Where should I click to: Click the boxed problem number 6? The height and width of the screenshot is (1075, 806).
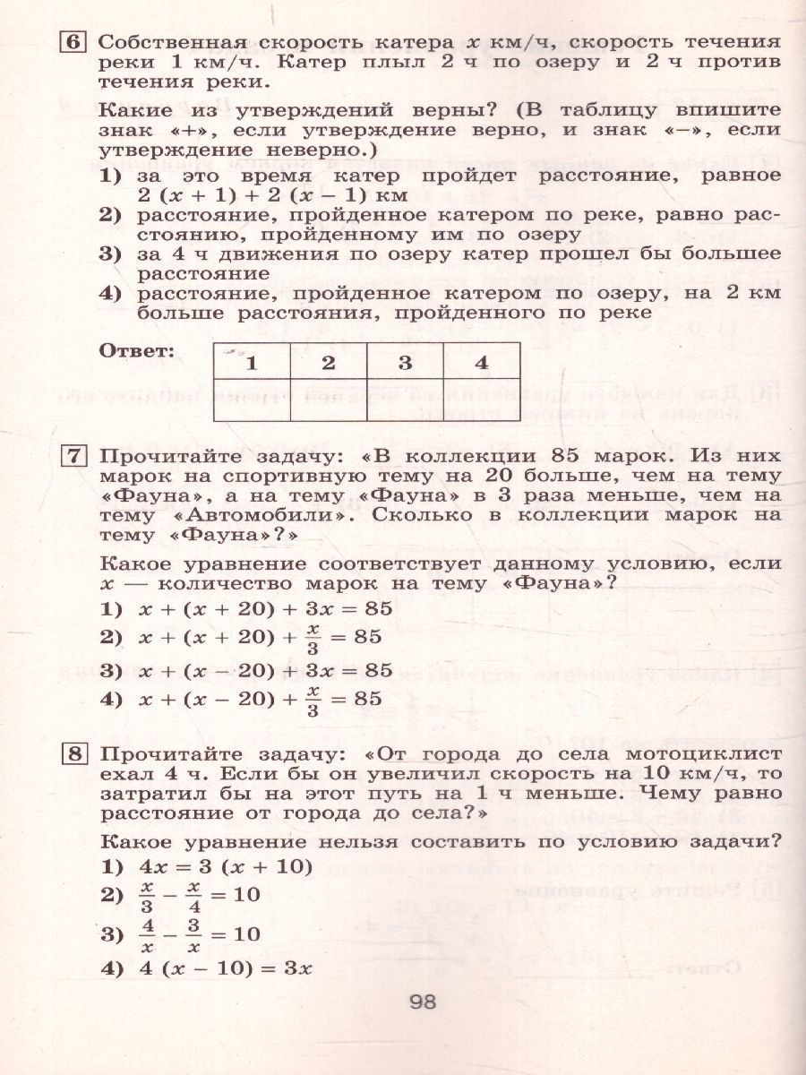click(x=73, y=43)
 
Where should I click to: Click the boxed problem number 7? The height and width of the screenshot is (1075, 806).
click(x=73, y=457)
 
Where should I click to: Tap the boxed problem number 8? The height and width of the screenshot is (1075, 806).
click(x=73, y=754)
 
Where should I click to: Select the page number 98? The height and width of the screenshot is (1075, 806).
click(x=422, y=1002)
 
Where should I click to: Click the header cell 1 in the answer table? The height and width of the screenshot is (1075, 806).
click(x=253, y=363)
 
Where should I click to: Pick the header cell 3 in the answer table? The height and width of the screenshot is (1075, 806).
click(x=405, y=363)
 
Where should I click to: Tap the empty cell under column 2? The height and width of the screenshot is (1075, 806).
click(x=329, y=400)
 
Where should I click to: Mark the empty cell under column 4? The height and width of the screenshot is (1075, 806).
click(x=481, y=400)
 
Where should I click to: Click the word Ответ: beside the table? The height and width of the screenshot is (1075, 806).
click(x=137, y=350)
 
